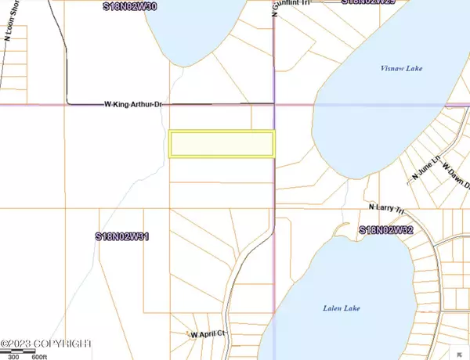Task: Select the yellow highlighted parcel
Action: tap(222, 144)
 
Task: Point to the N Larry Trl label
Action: tap(389, 207)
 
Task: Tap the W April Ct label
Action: tap(208, 334)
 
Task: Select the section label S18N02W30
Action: tap(130, 5)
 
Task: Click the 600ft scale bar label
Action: tap(38, 355)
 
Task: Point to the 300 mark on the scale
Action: tap(13, 355)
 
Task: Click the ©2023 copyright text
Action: tap(47, 344)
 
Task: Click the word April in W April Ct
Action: tap(210, 334)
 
